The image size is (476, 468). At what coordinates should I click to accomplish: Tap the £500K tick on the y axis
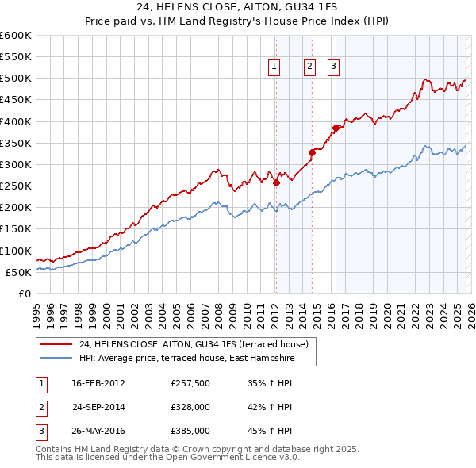tap(16, 79)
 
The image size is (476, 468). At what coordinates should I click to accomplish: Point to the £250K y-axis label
tap(16, 186)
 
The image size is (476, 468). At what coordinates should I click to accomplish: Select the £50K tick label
tap(19, 272)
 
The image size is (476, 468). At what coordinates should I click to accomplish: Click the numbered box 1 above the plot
tap(274, 67)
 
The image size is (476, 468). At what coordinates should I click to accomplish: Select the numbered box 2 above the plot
tap(309, 67)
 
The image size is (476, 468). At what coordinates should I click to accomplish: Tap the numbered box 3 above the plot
tap(333, 67)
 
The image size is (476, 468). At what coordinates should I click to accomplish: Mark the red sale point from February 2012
tap(276, 182)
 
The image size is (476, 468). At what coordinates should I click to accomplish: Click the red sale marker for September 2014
tap(312, 153)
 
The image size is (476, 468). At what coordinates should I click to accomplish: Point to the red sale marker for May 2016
tap(336, 128)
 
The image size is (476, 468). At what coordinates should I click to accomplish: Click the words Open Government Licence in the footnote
tap(236, 458)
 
